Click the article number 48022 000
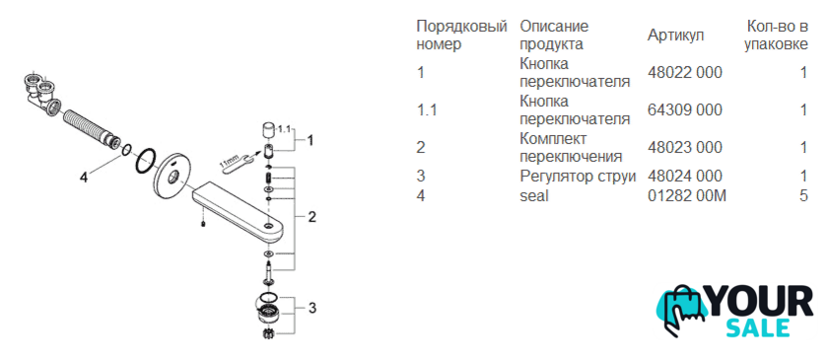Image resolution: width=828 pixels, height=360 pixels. click(x=684, y=72)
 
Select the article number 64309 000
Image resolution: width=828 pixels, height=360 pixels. click(x=684, y=109)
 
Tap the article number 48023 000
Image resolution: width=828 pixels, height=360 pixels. click(x=684, y=148)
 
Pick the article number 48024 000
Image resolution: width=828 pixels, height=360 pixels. click(x=684, y=176)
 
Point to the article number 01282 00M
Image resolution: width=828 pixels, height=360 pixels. click(x=687, y=195)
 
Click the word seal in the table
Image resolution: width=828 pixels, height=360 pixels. click(x=534, y=195)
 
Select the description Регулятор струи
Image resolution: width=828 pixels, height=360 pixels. click(x=578, y=176)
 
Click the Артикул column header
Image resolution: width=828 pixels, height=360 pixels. click(x=675, y=36)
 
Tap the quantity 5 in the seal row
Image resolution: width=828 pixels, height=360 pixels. click(x=803, y=195)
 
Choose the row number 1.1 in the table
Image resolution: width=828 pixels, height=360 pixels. click(x=427, y=109)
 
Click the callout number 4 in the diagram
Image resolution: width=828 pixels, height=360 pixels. click(x=83, y=179)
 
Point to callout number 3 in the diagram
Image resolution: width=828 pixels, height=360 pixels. click(x=312, y=307)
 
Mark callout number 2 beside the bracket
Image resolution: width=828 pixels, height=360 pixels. click(x=312, y=216)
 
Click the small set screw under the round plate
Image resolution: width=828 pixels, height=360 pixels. click(x=203, y=225)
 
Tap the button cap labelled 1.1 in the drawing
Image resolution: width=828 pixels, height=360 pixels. click(x=269, y=129)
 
